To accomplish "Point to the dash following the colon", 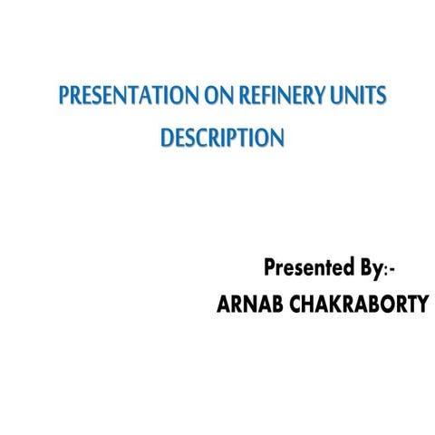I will coord(392,270).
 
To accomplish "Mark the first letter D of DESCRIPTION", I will coord(166,139).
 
